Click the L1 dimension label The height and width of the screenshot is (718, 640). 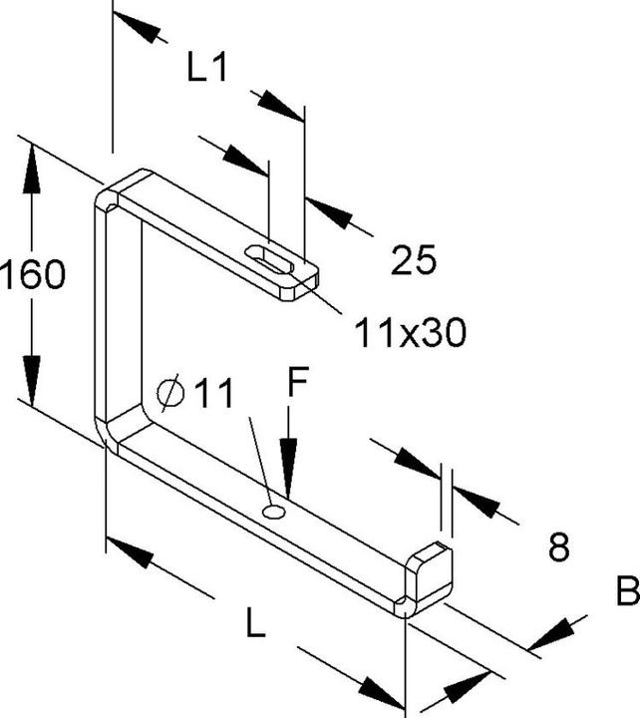(207, 68)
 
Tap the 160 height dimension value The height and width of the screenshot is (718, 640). (33, 274)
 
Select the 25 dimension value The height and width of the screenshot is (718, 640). (414, 260)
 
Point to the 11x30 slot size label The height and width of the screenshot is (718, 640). (410, 332)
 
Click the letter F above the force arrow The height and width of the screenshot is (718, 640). (298, 381)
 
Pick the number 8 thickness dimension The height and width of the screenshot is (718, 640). (559, 546)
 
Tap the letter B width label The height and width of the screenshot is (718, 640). (627, 590)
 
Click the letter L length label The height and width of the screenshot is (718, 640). (255, 622)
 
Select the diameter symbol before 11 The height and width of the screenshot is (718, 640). (170, 393)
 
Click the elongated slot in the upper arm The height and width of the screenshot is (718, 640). (269, 259)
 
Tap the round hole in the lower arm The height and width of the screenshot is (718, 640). (274, 512)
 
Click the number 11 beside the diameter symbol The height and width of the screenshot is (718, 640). (214, 393)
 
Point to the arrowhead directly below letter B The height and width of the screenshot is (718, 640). (551, 634)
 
